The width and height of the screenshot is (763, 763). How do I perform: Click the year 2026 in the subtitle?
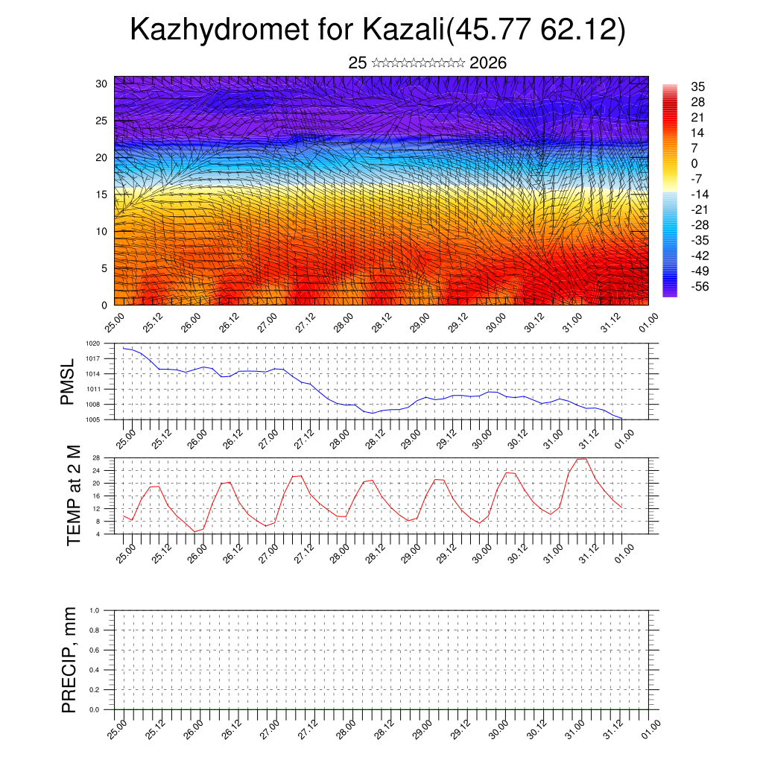coord(488,63)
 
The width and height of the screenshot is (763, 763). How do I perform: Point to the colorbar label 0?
coord(694,163)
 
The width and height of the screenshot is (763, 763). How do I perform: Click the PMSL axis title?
coord(68,381)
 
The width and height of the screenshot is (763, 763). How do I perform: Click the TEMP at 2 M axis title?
coord(73,495)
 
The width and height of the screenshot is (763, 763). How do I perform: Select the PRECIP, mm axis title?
coord(69,659)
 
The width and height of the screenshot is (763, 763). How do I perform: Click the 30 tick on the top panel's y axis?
coord(102,83)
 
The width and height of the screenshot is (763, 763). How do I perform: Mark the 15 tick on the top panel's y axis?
coord(102,194)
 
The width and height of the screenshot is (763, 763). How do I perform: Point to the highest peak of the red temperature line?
coord(582,458)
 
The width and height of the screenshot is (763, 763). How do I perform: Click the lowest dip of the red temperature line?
coord(195,531)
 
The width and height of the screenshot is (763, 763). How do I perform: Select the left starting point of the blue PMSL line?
coord(124,348)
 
